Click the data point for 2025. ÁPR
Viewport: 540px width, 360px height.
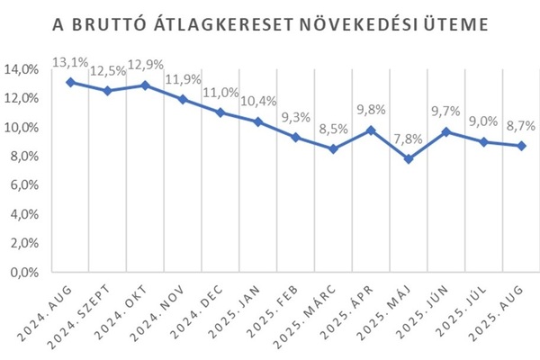click(371, 130)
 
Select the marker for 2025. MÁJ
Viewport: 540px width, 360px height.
click(409, 159)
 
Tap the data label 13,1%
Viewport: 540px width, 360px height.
click(69, 62)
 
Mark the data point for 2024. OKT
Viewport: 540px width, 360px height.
click(145, 85)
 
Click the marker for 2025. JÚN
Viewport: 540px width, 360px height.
click(446, 131)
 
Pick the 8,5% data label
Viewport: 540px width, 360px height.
click(333, 129)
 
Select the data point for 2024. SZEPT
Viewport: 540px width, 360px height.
click(107, 91)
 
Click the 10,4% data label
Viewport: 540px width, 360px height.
click(257, 101)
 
